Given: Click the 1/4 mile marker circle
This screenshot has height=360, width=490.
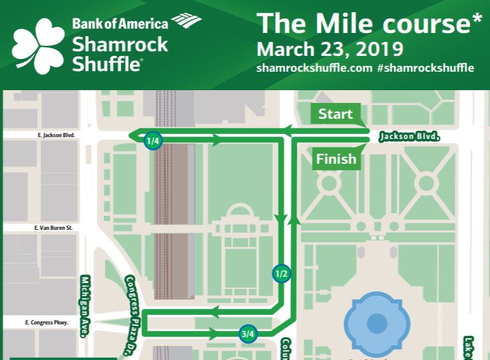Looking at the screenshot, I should (153, 141).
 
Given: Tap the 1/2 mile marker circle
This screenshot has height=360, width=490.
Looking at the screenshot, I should (281, 274).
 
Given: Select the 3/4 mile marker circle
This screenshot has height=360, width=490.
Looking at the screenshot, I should (248, 334).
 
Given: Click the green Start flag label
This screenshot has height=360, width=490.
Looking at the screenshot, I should (336, 114).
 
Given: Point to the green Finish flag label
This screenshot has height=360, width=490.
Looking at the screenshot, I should (336, 159).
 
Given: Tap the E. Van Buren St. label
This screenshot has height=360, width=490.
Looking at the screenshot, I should (54, 227).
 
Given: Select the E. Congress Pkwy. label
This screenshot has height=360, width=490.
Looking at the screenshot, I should (46, 323).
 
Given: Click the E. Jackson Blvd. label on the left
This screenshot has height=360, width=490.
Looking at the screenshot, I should (56, 135).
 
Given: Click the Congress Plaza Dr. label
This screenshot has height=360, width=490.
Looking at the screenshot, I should (132, 311).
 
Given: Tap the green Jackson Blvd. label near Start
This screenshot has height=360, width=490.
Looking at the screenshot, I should (409, 137).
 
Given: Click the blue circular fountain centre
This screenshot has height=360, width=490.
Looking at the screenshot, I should (376, 323).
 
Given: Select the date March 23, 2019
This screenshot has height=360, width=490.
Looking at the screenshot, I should (329, 49).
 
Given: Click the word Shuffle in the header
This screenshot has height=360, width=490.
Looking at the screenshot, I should (107, 63).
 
